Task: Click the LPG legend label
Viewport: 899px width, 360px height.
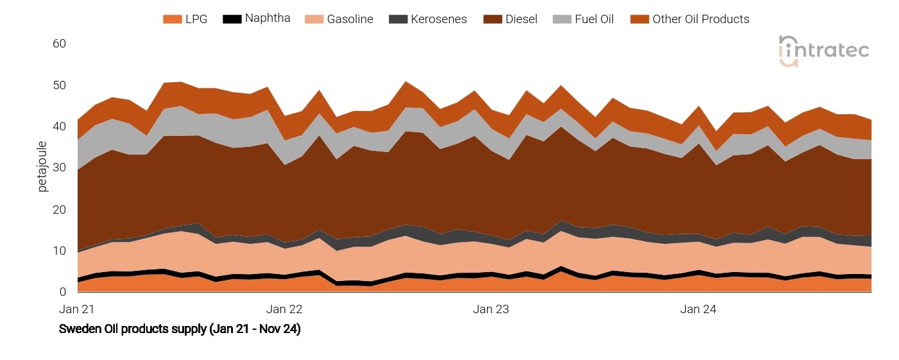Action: coord(196,19)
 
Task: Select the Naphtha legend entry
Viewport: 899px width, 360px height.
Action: coord(268,18)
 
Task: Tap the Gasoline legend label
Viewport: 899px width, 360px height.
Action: coord(350,19)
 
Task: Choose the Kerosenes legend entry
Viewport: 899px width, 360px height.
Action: coord(440,19)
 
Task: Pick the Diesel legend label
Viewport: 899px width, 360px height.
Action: coord(521,19)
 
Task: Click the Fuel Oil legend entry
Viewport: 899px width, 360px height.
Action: coord(594,19)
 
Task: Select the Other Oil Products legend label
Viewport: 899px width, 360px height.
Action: coord(701,19)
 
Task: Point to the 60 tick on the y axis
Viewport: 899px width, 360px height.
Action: coord(59,44)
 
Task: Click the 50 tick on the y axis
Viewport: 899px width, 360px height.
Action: coord(59,85)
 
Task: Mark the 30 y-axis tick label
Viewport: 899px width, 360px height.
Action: coord(59,168)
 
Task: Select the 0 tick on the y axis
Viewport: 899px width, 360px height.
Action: coord(63,292)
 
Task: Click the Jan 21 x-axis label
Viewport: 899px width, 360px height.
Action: coord(76,309)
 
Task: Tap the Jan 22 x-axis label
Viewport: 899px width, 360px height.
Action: coord(284,309)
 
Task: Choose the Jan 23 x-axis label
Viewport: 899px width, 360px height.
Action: coord(491,309)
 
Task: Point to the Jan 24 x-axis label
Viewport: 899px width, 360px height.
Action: coord(698,309)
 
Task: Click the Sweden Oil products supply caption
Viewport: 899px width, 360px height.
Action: coord(180,329)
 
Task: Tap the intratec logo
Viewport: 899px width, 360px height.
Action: coord(824,51)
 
